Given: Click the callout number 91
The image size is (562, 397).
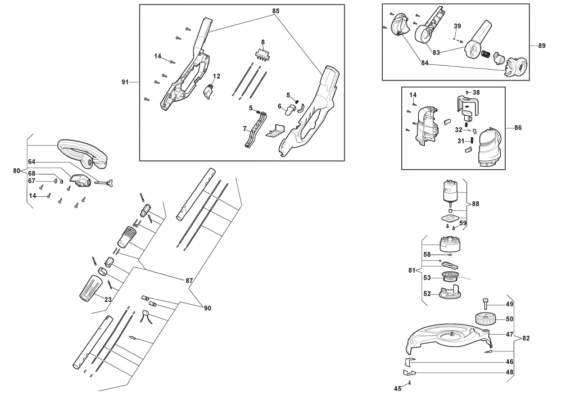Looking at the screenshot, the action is point(125,82).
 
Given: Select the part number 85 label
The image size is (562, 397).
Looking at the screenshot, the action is point(275,11).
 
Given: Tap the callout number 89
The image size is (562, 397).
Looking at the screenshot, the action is point(542,46).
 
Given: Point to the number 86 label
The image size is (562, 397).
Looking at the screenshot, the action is point(518,128).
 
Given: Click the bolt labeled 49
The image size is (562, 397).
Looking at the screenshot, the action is point(486,304).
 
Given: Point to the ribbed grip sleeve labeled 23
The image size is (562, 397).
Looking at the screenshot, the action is point(89,288).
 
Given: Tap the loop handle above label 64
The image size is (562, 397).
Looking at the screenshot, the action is point(83,154).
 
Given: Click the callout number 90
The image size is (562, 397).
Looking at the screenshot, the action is point(207,308).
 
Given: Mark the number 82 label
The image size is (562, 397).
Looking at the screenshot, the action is point(526,338).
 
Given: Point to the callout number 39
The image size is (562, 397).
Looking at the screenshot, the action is point(457,26).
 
